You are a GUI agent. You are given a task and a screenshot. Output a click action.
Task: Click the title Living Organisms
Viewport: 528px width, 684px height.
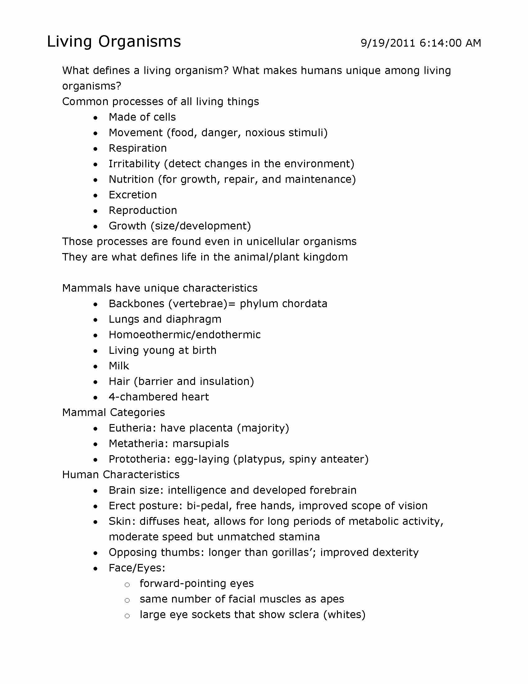[114, 41]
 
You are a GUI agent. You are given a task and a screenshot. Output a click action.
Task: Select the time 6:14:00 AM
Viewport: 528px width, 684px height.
[450, 43]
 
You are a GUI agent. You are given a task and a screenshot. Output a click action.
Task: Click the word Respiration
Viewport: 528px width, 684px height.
[138, 148]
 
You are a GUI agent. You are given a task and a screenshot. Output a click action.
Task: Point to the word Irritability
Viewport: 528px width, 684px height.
[134, 164]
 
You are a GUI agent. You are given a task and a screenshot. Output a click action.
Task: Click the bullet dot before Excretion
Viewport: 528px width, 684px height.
[95, 196]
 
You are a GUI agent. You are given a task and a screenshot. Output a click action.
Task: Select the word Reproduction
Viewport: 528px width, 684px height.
[143, 210]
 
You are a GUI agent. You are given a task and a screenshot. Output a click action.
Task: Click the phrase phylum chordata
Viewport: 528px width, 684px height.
[283, 303]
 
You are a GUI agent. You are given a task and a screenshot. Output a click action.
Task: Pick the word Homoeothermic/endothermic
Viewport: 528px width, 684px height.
[184, 335]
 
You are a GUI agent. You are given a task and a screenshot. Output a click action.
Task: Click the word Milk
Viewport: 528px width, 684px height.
[119, 366]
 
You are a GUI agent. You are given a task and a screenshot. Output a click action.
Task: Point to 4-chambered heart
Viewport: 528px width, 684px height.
[159, 397]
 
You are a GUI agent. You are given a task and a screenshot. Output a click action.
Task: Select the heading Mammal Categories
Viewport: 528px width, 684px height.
[114, 413]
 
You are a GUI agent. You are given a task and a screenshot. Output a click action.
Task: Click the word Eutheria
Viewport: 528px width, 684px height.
[132, 428]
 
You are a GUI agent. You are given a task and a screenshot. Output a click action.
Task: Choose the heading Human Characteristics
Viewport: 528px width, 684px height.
[121, 474]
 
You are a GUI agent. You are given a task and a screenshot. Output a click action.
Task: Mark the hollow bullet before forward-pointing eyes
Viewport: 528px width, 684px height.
[127, 585]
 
